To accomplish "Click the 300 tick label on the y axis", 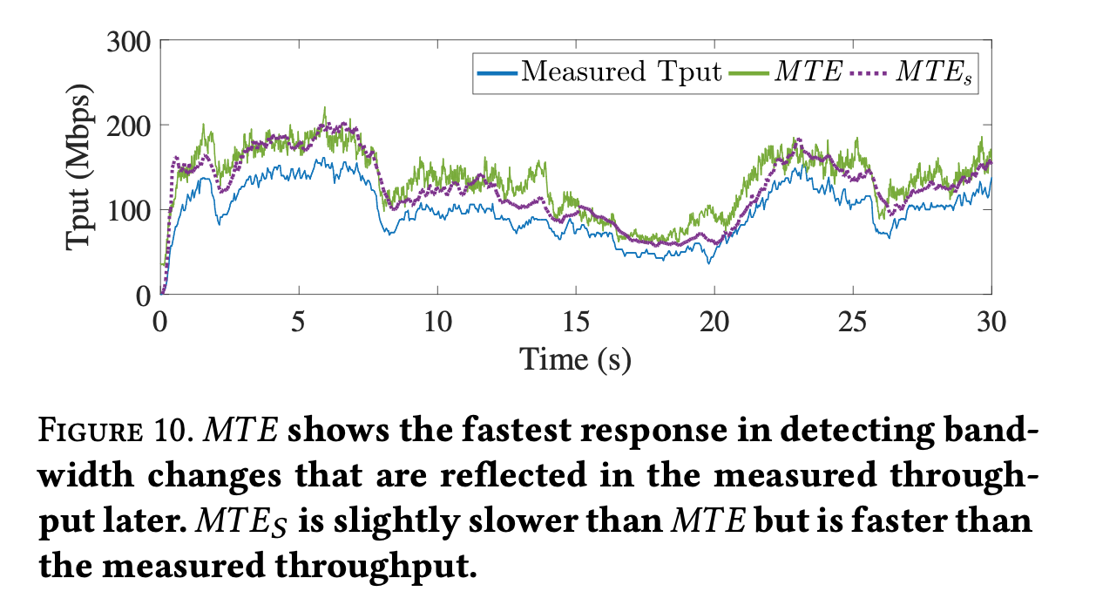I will [x=130, y=41].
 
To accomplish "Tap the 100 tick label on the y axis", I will [x=130, y=210].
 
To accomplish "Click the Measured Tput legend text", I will [x=621, y=71].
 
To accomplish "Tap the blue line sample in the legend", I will [x=497, y=71].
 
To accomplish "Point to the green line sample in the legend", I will [x=749, y=71].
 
